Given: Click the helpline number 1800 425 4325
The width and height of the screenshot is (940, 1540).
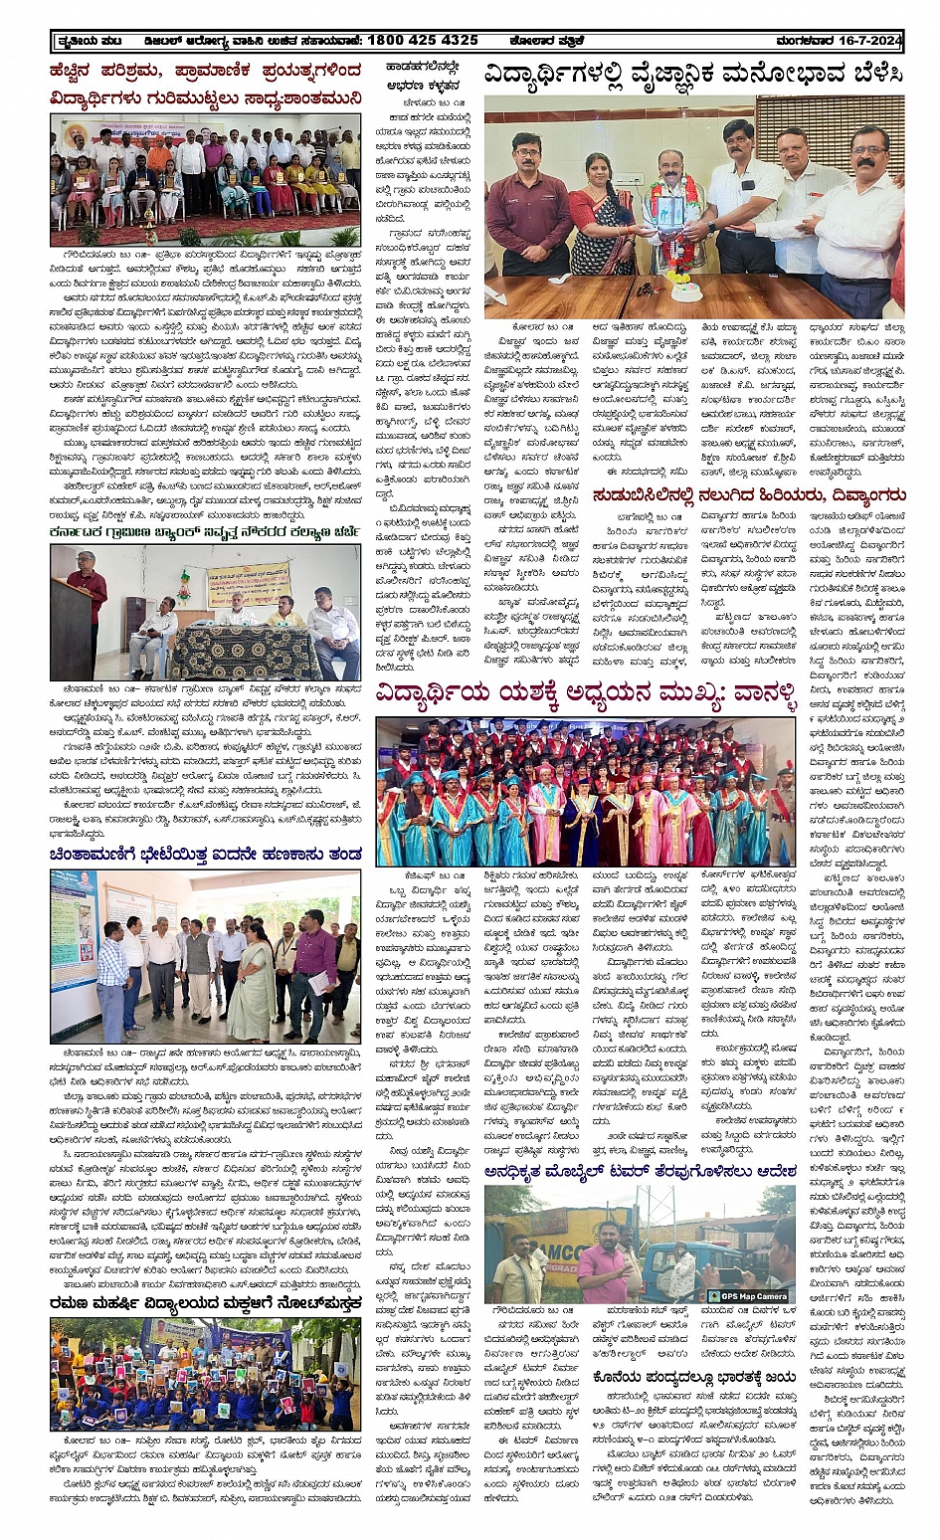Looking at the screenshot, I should [422, 40].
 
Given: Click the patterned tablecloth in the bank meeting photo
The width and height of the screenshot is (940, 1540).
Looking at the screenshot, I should [243, 652].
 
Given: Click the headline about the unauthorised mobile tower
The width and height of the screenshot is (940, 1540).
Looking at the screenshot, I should [641, 1171].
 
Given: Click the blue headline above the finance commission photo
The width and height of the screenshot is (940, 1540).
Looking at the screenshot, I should [205, 855].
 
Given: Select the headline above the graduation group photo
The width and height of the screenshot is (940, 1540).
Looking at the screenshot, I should [586, 696].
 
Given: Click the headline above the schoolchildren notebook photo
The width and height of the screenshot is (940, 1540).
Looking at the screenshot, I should [205, 1304].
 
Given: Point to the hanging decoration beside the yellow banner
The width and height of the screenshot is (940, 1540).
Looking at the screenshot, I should [184, 588].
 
